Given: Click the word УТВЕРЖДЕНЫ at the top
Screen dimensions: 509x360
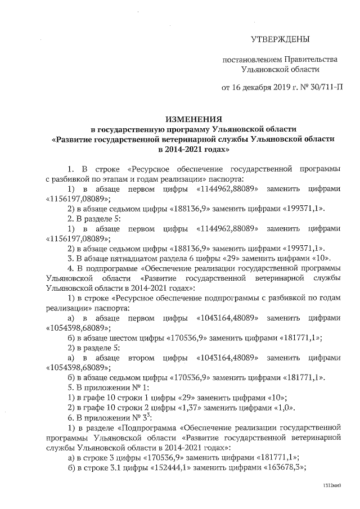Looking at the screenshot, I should (x=280, y=39).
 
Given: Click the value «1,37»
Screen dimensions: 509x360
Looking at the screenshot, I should (x=169, y=407).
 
